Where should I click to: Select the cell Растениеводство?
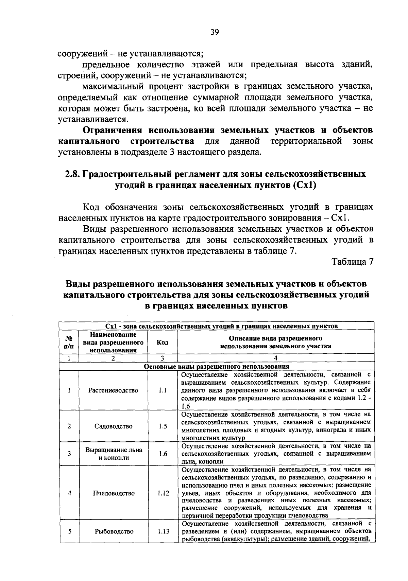click(113, 390)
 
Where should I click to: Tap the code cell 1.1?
click(163, 390)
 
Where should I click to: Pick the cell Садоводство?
click(113, 426)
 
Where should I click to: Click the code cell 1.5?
click(163, 426)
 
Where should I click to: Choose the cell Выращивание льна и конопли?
click(113, 454)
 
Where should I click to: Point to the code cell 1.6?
click(163, 454)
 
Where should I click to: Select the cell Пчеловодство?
click(113, 493)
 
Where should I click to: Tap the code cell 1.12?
click(163, 493)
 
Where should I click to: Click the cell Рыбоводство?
click(114, 531)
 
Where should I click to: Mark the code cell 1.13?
click(163, 531)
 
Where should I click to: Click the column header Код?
click(163, 342)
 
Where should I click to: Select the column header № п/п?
click(69, 342)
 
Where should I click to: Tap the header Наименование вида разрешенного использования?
click(113, 342)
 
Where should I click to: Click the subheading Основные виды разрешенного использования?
click(217, 367)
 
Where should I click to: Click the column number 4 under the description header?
click(275, 358)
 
